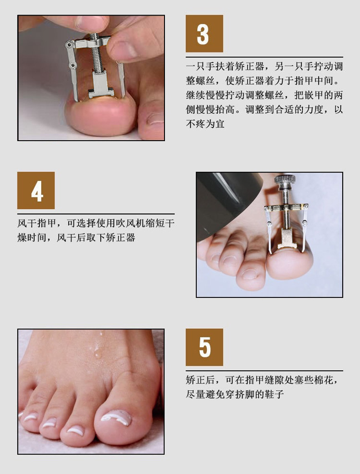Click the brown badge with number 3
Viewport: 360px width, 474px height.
coord(204,34)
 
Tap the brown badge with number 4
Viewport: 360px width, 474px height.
coord(36,190)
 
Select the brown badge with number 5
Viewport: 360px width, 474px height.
coord(204,347)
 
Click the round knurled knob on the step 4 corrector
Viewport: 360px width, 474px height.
coord(284,182)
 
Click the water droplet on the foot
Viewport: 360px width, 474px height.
coord(97,352)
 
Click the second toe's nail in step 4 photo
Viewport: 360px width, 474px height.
coord(250,274)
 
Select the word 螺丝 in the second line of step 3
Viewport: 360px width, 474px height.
coord(206,82)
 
